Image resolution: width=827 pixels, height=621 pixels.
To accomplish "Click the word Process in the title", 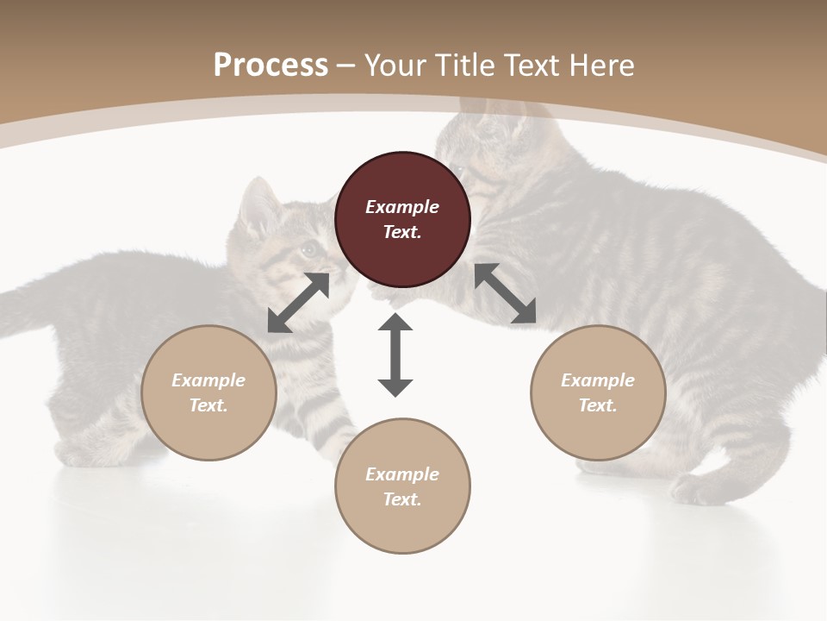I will tap(270, 66).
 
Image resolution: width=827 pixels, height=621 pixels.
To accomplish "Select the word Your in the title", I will tap(396, 66).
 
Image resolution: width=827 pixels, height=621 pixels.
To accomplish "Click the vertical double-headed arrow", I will tap(395, 354).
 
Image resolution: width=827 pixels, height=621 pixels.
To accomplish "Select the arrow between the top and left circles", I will tap(299, 303).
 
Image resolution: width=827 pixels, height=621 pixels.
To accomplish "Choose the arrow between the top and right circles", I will tap(506, 294).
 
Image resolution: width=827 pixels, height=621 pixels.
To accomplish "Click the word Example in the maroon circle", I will tap(402, 207).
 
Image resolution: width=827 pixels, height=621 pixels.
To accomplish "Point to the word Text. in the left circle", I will tap(208, 405).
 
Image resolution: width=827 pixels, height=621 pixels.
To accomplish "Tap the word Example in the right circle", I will tap(598, 380).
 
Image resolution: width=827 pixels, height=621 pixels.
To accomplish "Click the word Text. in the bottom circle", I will tap(402, 499).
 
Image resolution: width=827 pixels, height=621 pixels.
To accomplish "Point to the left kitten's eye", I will tap(308, 250).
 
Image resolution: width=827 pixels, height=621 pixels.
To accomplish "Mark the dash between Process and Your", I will tap(345, 66).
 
